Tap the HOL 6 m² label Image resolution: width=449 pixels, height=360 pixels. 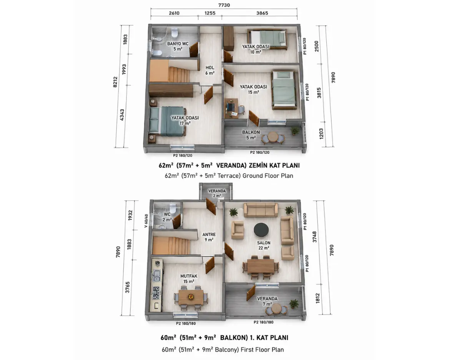click(x=210, y=70)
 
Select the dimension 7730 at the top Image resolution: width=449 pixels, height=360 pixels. click(x=224, y=5)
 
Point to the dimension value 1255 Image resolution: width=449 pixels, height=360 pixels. click(x=210, y=13)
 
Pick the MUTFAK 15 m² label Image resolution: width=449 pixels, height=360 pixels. click(x=189, y=279)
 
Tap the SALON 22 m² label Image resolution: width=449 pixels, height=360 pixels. click(x=263, y=245)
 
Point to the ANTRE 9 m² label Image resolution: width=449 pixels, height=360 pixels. click(x=209, y=237)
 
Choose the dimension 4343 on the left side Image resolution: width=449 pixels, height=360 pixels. click(x=122, y=115)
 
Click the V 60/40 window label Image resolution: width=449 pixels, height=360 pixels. click(x=146, y=221)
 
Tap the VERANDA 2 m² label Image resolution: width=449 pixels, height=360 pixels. click(x=217, y=193)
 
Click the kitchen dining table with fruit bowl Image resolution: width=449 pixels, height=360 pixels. click(x=191, y=297)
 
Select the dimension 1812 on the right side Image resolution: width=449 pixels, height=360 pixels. click(x=318, y=298)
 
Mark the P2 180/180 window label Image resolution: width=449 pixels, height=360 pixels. click(x=186, y=323)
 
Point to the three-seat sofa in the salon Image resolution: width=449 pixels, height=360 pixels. click(x=261, y=210)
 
